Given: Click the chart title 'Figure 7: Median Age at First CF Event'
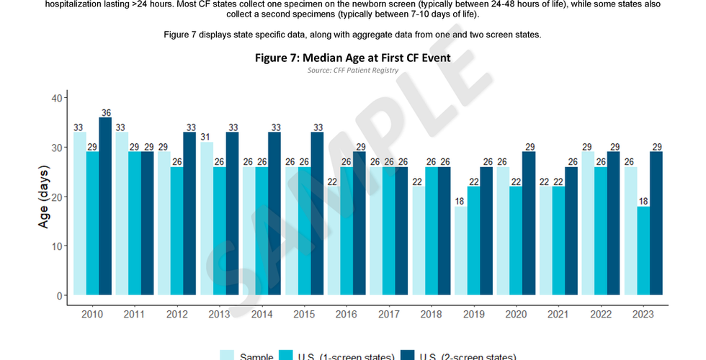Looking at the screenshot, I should pos(352,58).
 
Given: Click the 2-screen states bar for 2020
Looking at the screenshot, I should pos(528,223).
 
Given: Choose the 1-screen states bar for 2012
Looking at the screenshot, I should pos(177,230).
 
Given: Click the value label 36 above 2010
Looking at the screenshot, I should pos(105,112).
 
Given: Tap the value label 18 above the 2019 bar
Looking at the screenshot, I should pos(460,201).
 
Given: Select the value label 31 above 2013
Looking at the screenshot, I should pos(207,137).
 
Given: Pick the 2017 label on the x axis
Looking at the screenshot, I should pos(388,315).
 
